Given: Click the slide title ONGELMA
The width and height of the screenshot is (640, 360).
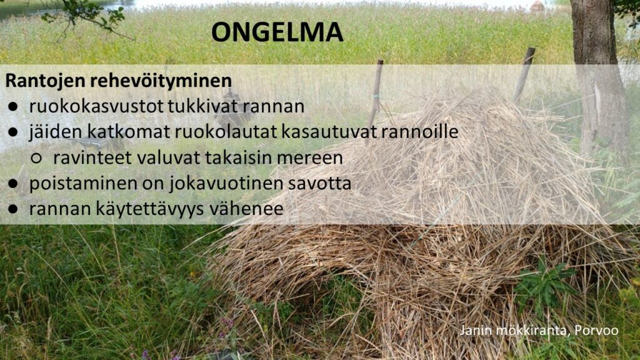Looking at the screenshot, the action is tap(277, 32).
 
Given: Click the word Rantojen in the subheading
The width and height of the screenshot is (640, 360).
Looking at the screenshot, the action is tap(45, 81).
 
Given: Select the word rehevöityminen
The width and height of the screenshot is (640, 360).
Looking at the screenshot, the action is tap(161, 81).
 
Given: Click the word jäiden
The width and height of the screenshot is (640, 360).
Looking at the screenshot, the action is tap(56, 132).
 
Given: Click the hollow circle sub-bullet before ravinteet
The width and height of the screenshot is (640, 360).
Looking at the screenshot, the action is tap(36, 158).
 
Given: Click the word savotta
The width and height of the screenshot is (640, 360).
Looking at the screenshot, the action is tap(319, 184).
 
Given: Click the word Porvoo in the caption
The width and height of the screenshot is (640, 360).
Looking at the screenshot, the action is tap(596, 330).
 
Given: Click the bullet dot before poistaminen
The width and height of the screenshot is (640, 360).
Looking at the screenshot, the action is tap(13, 184).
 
